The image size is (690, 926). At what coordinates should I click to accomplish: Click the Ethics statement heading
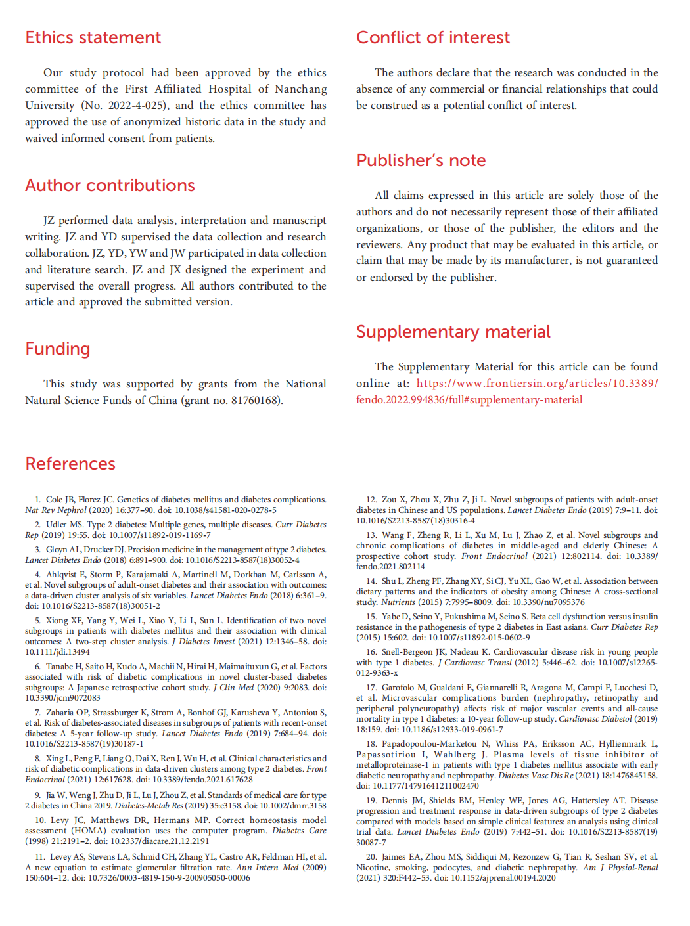click(x=93, y=37)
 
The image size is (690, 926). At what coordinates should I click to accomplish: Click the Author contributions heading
click(x=110, y=185)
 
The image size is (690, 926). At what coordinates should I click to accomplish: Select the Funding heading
click(x=58, y=349)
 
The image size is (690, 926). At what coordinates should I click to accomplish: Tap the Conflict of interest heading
click(x=432, y=37)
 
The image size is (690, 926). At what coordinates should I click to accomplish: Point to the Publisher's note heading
click(x=421, y=160)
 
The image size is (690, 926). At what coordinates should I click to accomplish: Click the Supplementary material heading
click(x=453, y=332)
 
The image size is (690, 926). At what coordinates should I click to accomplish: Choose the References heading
click(x=70, y=464)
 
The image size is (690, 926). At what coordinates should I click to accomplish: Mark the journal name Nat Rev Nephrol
click(x=56, y=510)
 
